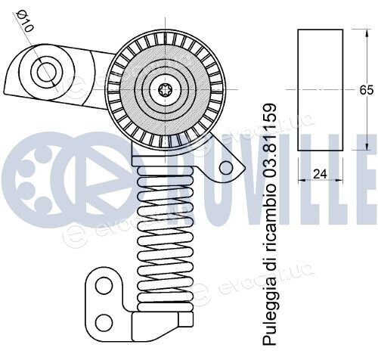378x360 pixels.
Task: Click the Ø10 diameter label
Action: point(24,21)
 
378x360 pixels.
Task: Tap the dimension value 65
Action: point(366,90)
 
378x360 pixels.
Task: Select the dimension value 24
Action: point(320,174)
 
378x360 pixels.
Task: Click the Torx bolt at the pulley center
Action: point(165,90)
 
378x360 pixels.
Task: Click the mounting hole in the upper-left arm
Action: point(46,72)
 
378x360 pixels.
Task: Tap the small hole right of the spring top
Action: point(226,168)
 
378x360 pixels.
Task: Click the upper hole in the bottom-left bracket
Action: point(104,285)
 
